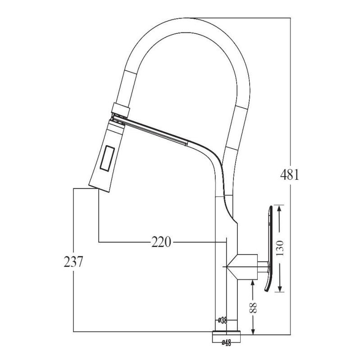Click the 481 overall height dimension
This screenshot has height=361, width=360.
click(290, 174)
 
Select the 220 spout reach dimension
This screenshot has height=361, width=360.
click(161, 242)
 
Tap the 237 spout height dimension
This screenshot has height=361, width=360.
click(73, 262)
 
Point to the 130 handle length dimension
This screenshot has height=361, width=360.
click(280, 247)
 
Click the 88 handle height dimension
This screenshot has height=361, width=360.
click(253, 307)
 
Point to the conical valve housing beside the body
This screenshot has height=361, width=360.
click(241, 266)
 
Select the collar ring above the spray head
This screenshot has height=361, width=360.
click(121, 108)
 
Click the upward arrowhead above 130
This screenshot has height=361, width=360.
click(280, 209)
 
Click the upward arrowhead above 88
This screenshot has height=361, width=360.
click(253, 283)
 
